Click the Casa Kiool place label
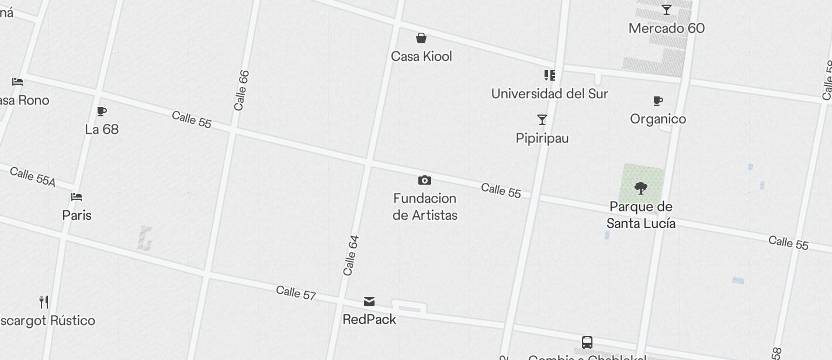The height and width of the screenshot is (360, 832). (421, 56)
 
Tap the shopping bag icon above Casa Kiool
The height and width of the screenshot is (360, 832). (421, 39)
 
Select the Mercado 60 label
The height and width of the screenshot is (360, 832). (666, 28)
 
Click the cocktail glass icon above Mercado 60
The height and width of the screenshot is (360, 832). (666, 10)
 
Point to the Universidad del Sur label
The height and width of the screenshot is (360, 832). (549, 94)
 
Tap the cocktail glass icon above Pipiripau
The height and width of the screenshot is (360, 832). (542, 120)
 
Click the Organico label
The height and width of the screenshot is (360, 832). (658, 119)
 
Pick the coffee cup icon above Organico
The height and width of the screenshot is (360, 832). (658, 101)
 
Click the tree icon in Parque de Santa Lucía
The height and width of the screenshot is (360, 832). (641, 188)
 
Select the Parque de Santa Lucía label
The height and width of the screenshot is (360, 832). (641, 215)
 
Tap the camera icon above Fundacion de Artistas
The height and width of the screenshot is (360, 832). (425, 180)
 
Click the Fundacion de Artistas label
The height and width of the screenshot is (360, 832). (425, 207)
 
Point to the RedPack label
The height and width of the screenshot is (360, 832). (369, 319)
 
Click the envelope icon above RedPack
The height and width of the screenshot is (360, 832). (369, 302)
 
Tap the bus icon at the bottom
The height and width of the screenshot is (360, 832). (587, 342)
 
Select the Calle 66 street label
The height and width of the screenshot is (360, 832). (241, 91)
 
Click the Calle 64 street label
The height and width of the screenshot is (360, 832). (351, 255)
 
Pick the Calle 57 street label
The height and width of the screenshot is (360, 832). (296, 293)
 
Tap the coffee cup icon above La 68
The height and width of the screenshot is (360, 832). (102, 111)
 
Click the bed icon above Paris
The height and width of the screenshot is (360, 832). (77, 197)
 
